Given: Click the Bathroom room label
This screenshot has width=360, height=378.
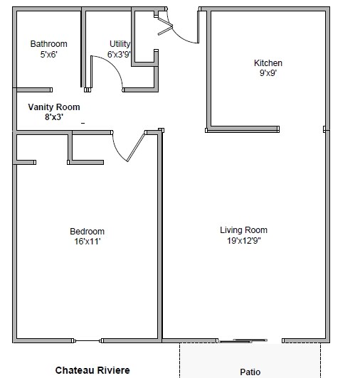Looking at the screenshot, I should click(48, 44).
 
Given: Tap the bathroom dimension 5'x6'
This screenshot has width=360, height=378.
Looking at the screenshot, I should click(48, 54).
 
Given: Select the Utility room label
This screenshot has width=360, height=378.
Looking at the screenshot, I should click(120, 44).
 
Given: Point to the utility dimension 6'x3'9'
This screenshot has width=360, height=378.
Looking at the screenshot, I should click(119, 54).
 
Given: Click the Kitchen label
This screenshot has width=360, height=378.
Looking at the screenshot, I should click(268, 63).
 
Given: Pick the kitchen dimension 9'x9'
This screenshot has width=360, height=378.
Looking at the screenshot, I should click(268, 73).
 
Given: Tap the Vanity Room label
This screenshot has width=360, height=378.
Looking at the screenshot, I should click(53, 107).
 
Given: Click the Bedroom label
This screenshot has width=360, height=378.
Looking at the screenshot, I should click(87, 232).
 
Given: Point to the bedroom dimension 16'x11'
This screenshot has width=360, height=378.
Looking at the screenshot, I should click(86, 242).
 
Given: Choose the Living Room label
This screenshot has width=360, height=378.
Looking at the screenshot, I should click(243, 230).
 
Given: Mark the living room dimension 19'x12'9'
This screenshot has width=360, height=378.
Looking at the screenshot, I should click(243, 240).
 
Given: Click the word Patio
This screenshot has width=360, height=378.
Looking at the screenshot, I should click(250, 372).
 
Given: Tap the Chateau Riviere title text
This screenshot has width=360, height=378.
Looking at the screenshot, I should click(92, 370).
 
